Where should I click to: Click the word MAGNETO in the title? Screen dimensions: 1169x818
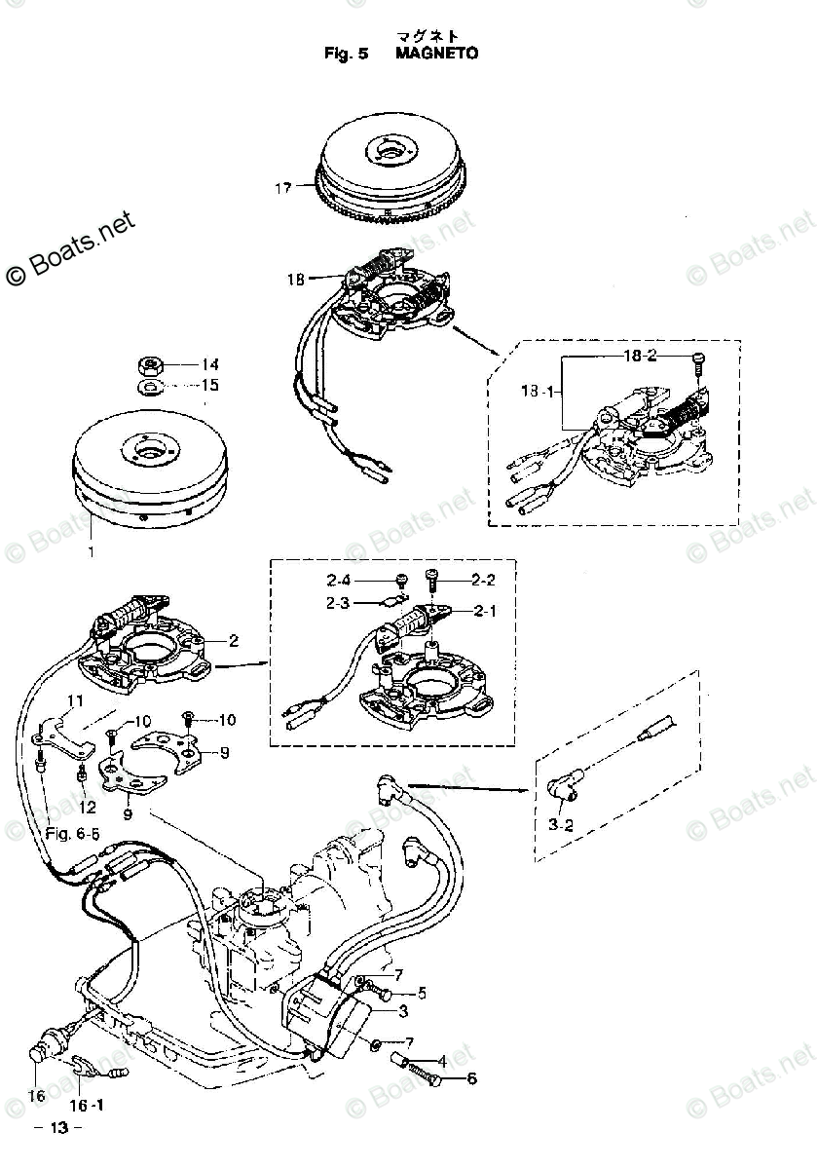click(436, 54)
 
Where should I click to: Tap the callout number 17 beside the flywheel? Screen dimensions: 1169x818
click(282, 188)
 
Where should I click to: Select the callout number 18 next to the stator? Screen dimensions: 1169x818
click(295, 280)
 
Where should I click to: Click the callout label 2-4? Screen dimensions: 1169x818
click(340, 581)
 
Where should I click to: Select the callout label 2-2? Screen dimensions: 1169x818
click(484, 581)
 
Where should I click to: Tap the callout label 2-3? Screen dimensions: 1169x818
click(340, 604)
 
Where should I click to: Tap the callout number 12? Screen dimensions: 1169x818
click(89, 807)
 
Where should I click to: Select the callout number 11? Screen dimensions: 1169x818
click(76, 701)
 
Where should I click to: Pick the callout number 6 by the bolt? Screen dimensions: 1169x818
click(472, 1078)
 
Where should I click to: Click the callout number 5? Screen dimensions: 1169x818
click(422, 994)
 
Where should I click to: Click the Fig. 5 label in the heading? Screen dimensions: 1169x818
click(347, 54)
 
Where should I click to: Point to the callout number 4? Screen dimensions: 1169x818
click(441, 1061)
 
